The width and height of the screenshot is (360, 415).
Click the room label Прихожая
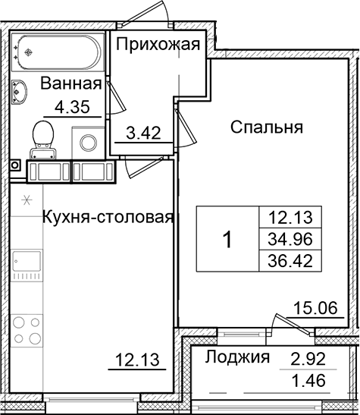pyautogui.click(x=158, y=43)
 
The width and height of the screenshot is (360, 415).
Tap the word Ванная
pyautogui.click(x=70, y=83)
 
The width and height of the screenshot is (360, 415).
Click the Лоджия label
pyautogui.click(x=239, y=358)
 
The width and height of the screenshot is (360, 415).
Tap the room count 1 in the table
pyautogui.click(x=227, y=240)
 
